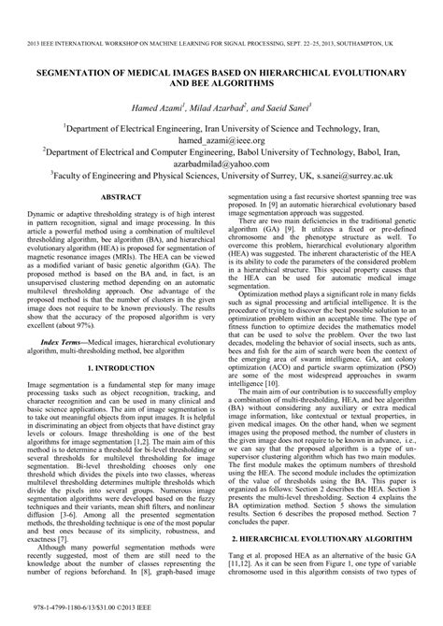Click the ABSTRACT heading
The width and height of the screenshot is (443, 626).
121,224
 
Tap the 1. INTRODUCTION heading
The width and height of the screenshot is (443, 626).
121,370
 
